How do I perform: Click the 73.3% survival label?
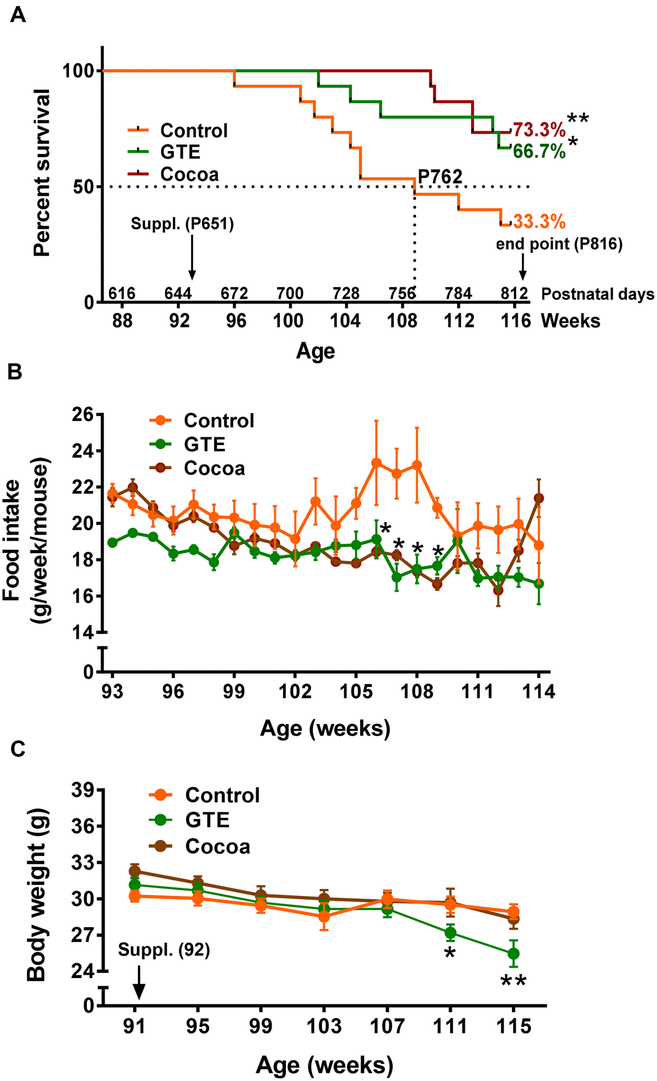[539, 131]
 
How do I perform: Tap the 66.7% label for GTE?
[539, 152]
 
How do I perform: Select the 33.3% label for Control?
[539, 222]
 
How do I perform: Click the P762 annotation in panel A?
[441, 177]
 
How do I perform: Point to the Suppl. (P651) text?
[182, 225]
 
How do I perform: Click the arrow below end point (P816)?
[523, 271]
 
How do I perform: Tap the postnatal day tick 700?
[291, 294]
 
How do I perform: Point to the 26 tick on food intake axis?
[83, 414]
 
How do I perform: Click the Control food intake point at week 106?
[376, 463]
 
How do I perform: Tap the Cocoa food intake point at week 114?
[539, 498]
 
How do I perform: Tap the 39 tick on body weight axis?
[83, 790]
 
